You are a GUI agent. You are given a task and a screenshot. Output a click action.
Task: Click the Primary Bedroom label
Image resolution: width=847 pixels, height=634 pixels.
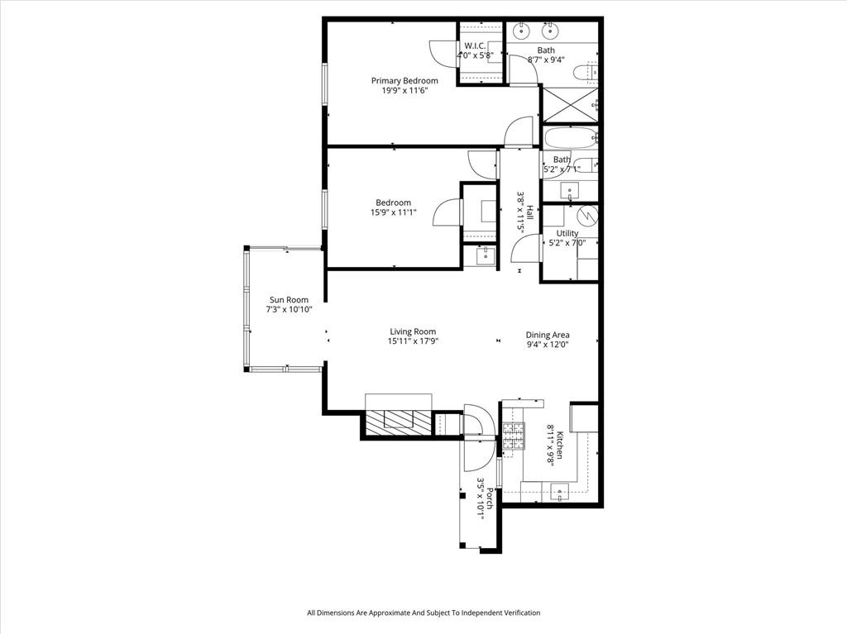coord(404,81)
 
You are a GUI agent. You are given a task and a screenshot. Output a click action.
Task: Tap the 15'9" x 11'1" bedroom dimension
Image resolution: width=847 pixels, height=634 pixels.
coord(394,213)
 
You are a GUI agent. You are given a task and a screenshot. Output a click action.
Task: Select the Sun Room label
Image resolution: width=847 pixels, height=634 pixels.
coord(289,300)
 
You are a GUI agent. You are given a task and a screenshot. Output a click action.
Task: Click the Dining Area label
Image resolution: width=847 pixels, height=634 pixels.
coord(548,335)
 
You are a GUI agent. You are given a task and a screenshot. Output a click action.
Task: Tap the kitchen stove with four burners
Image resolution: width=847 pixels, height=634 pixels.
coord(514,436)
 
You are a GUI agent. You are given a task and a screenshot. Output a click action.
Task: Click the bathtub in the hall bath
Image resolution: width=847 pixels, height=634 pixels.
coord(569,136)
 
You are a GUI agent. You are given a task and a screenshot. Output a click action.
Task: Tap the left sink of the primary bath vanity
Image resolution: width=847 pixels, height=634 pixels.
coord(522,32)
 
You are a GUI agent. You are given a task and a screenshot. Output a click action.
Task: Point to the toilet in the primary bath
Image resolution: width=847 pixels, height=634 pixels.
coord(593,73)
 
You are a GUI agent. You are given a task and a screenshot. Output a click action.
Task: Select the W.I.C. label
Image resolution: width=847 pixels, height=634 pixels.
coord(475,45)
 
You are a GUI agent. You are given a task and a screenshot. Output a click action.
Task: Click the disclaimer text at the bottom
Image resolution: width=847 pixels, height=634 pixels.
coord(423,613)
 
